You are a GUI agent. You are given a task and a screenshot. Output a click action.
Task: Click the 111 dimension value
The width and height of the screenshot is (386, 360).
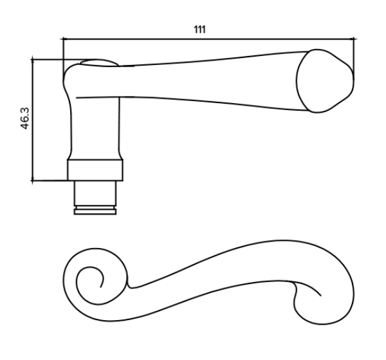[199, 30]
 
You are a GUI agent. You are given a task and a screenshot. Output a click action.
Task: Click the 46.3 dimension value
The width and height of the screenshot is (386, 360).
[25, 118]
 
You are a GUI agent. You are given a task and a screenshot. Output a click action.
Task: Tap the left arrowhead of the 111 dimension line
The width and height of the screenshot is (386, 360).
[64, 39]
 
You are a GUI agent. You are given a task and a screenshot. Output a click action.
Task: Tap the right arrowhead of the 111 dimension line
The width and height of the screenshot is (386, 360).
[353, 39]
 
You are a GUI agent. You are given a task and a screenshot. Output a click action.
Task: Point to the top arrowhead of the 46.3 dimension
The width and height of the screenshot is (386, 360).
[33, 60]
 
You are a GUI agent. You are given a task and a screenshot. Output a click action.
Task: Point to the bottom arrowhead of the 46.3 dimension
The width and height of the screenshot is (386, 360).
[33, 180]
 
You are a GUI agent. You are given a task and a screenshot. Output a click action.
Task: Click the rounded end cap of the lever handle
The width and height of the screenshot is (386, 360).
[325, 81]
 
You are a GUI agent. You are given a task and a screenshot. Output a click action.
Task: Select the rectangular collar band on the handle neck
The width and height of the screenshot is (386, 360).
[95, 170]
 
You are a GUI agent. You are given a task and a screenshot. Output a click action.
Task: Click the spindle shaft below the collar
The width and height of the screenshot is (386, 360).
[95, 193]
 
